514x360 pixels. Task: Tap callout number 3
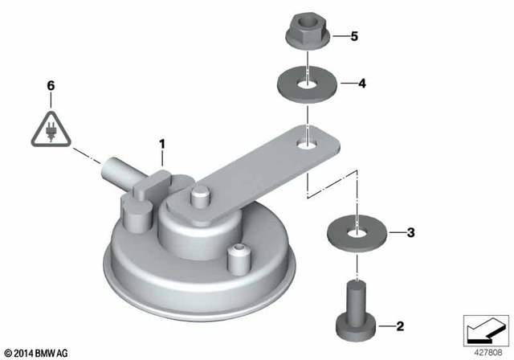coord(410,234)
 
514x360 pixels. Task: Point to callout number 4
coord(361,82)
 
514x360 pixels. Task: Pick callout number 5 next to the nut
coord(353,36)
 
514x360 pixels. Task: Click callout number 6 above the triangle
coord(51,85)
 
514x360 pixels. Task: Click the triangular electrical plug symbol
coord(51,129)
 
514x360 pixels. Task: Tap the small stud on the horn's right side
coord(236,258)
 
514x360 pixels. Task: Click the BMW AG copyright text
coord(36,352)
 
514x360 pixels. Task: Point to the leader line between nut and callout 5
coord(336,36)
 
